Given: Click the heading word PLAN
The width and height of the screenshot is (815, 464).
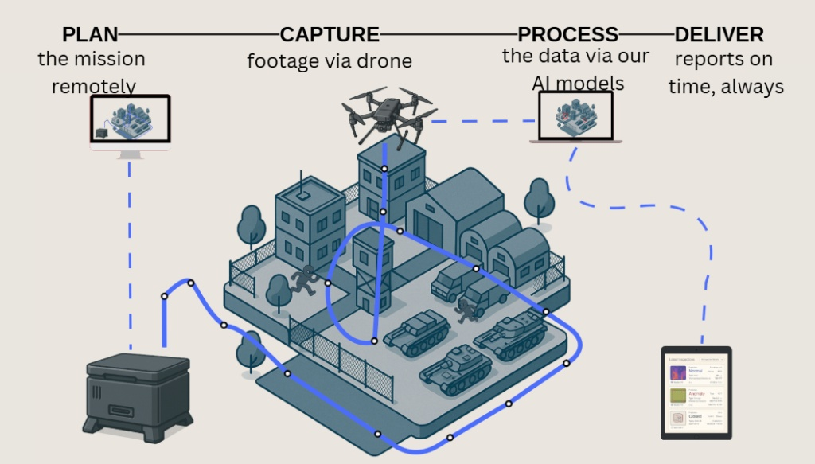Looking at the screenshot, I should (x=90, y=34).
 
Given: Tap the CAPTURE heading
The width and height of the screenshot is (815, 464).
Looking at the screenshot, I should (x=330, y=34).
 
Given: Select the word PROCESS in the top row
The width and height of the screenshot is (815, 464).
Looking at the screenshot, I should (x=567, y=34).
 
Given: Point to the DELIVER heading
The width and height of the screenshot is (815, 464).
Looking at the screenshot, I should (x=719, y=34).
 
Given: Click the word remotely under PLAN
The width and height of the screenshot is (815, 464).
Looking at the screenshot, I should (x=94, y=86).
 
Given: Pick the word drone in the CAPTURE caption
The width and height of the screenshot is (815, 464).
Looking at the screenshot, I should (x=384, y=60).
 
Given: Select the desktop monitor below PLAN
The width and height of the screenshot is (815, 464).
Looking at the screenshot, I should (x=131, y=122).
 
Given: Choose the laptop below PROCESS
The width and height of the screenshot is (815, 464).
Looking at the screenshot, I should (x=575, y=118).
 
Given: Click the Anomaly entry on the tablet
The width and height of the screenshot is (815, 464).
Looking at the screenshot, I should (x=696, y=394).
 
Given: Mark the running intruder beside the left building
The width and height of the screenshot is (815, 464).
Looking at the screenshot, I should (x=303, y=281).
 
